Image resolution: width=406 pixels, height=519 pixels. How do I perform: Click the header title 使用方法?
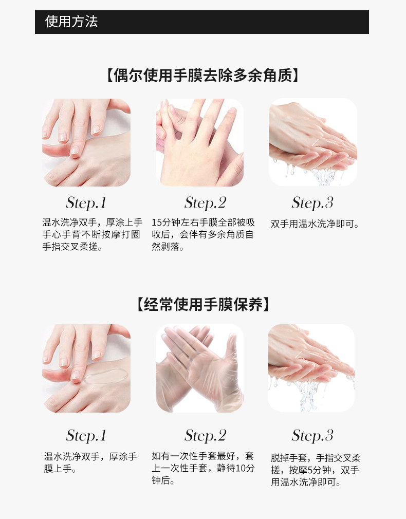pos(71,22)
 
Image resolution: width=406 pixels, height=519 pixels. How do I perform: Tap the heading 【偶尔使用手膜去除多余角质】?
pos(202,76)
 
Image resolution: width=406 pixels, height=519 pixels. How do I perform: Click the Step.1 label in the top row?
pos(86,203)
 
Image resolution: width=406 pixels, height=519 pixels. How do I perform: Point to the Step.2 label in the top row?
pos(206,203)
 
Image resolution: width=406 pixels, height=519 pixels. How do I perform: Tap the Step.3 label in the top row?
pos(312,203)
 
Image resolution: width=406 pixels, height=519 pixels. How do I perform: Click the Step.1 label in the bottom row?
pos(86,436)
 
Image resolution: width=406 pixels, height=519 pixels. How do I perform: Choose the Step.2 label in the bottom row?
pos(206,436)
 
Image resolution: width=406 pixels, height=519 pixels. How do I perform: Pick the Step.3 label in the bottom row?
pos(312,436)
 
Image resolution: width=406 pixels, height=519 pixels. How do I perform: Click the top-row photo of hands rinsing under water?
pos(312,142)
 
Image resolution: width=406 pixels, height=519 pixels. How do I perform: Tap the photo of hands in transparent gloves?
pos(200,368)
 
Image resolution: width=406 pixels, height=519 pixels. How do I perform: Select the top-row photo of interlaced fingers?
pos(200,142)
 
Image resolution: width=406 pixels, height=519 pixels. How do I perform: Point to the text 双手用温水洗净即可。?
pos(315,224)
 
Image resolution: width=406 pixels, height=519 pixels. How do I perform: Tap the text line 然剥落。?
pos(168,247)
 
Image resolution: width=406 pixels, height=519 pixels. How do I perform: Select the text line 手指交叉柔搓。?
pos(72,247)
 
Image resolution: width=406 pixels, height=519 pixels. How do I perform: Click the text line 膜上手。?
pos(60,469)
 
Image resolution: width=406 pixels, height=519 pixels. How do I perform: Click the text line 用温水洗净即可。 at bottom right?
pos(306,483)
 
